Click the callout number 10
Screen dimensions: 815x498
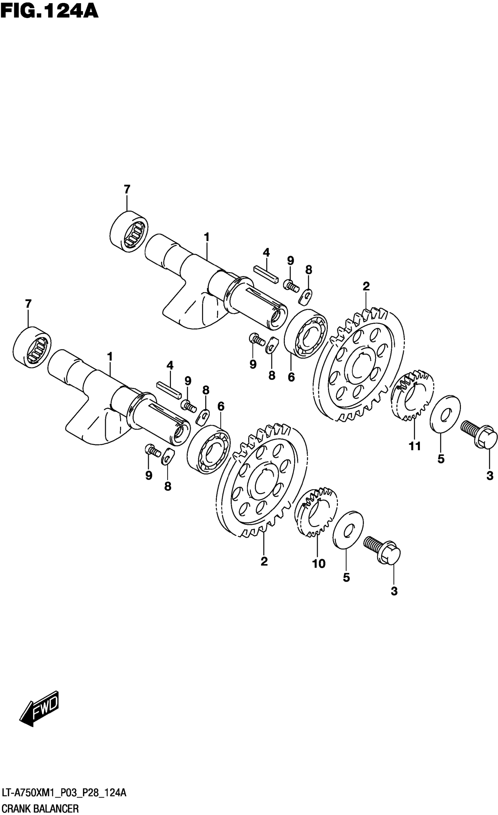coord(319,564)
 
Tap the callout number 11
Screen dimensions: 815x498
coord(415,446)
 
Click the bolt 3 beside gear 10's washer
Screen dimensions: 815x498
coord(383,551)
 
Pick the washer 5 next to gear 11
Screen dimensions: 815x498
coord(445,413)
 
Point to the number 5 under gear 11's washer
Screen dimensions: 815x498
coord(441,459)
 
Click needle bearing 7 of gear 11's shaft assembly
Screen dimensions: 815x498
coord(128,231)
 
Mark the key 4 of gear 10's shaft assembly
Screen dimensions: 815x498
coord(169,389)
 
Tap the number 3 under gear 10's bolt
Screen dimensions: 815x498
coord(394,591)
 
